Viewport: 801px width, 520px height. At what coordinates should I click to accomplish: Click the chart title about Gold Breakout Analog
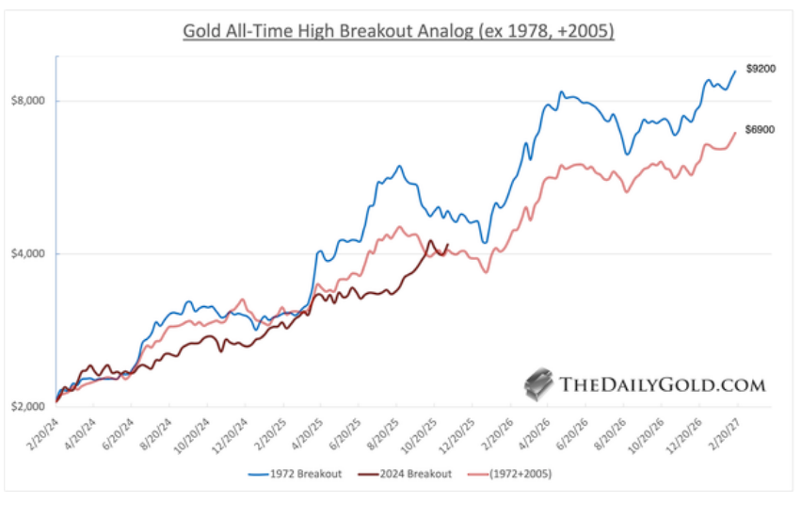click(400, 30)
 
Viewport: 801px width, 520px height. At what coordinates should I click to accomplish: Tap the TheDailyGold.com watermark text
click(663, 384)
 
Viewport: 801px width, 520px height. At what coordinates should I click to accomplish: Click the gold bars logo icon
click(539, 382)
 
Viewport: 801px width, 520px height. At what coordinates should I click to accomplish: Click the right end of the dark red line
click(448, 246)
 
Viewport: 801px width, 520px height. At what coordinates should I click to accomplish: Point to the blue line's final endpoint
click(735, 71)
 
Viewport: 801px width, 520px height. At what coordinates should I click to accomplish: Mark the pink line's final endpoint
click(735, 133)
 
